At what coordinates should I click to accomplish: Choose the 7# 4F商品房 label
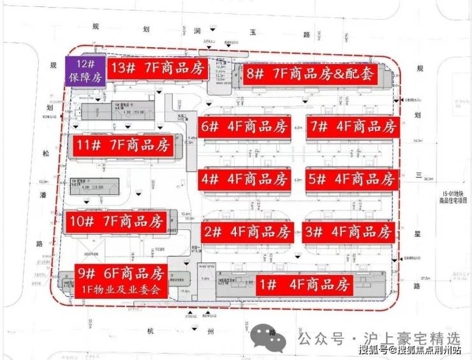pyautogui.click(x=352, y=126)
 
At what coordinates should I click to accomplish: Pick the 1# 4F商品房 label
pyautogui.click(x=306, y=285)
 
